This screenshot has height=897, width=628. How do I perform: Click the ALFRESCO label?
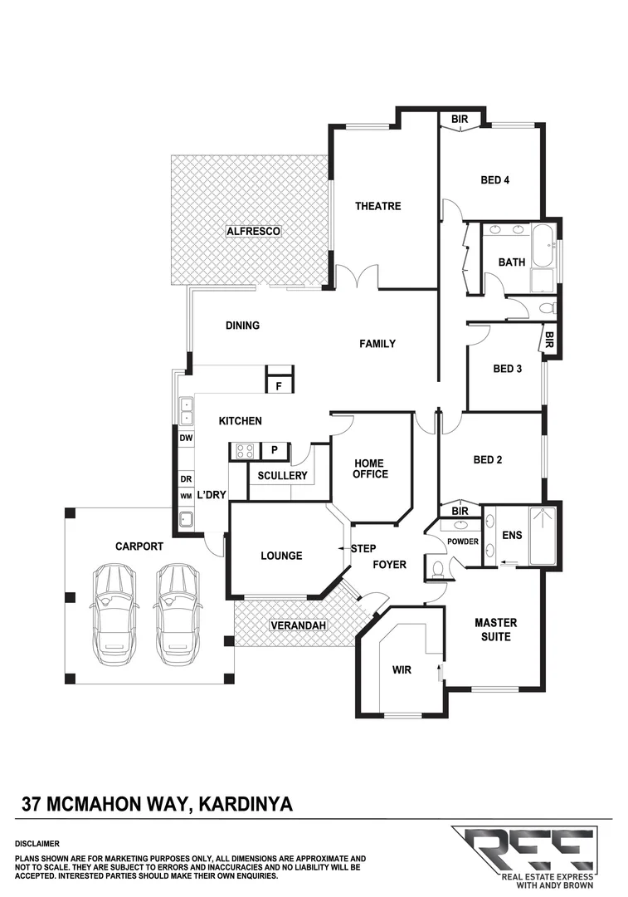coord(254,230)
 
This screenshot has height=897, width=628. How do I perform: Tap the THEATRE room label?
coord(378,206)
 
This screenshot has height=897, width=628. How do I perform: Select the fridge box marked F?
coord(279,385)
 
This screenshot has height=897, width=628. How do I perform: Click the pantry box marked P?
coord(275,451)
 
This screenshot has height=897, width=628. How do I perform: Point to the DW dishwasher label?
coord(186,438)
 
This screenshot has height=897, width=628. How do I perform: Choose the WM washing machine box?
coord(186,496)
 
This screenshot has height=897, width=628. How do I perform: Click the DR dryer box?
coord(186,479)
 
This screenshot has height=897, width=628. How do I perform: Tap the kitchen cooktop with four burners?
coord(244,451)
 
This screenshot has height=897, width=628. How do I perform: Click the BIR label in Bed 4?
coord(460,120)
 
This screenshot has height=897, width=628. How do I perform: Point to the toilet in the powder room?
coord(439,567)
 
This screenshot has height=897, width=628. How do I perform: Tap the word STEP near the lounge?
coord(363,549)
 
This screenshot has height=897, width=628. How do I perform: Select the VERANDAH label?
coord(295,625)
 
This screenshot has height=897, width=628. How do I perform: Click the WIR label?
coord(402,667)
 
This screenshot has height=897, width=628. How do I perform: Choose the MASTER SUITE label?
coord(495,630)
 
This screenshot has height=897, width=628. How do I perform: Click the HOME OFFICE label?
coord(370,468)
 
